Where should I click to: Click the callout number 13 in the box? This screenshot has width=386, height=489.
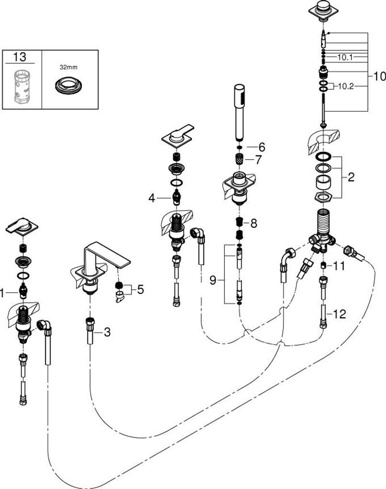coord(20,57)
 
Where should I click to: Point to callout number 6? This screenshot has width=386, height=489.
coord(262,147)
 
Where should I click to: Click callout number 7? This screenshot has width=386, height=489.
coord(259,159)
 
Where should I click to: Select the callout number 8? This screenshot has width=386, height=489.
coord(254,223)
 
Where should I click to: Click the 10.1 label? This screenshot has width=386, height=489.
coord(345,57)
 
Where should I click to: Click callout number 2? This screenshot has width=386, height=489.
coord(351,178)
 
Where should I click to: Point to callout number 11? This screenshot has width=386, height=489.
coord(340,266)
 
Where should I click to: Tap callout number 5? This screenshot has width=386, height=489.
coord(140,289)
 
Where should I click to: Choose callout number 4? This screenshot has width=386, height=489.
coord(152,197)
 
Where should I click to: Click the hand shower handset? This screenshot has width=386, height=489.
coord(239,112)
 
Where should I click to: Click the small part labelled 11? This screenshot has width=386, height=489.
coord(323,265)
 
